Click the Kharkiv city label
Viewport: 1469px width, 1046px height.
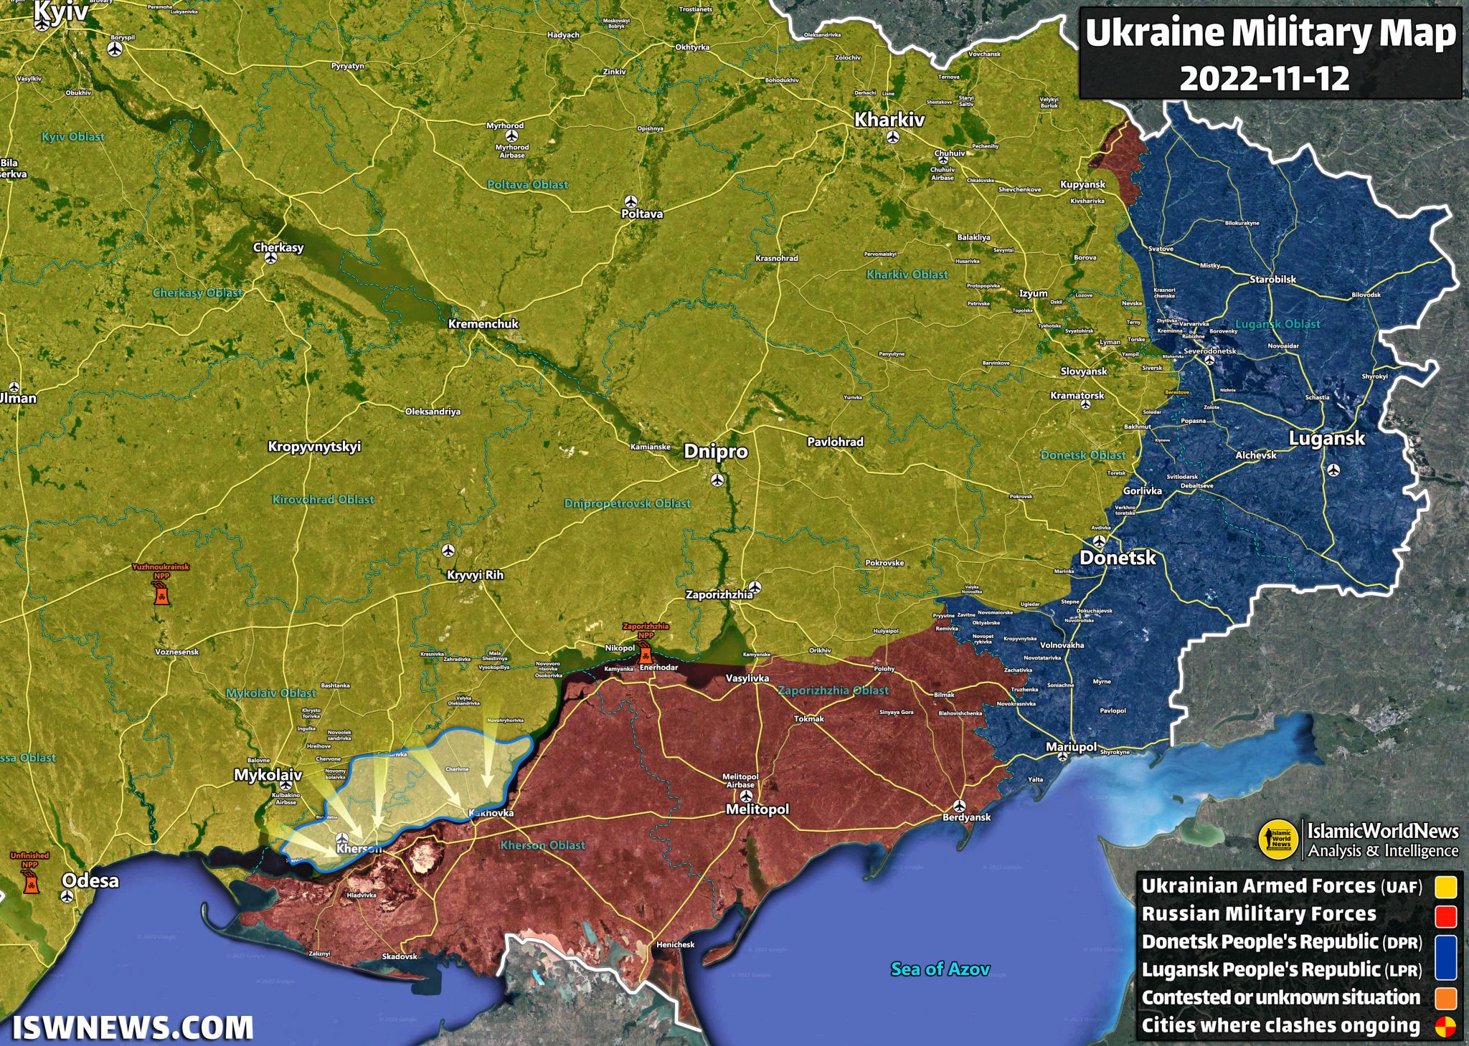[889, 120]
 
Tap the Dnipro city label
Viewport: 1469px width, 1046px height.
[715, 452]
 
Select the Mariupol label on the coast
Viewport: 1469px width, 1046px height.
[1071, 747]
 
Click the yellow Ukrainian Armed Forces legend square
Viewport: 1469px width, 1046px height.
[1445, 887]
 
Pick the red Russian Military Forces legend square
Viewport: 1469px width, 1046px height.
[1445, 916]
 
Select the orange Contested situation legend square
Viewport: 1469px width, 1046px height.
[1445, 999]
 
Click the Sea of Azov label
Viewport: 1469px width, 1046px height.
[940, 969]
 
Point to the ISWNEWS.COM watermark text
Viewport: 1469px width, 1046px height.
[133, 1027]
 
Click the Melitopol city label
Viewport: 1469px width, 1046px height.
[757, 809]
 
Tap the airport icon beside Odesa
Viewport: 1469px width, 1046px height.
[67, 896]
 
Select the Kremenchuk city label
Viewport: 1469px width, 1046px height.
[483, 324]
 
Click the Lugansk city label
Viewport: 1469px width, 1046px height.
[1326, 439]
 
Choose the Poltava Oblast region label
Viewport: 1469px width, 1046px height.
[527, 185]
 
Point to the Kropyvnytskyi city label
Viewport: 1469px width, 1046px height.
[314, 447]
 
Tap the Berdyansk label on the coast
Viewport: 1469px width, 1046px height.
[966, 817]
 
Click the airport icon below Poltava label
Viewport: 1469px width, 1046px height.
[630, 201]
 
